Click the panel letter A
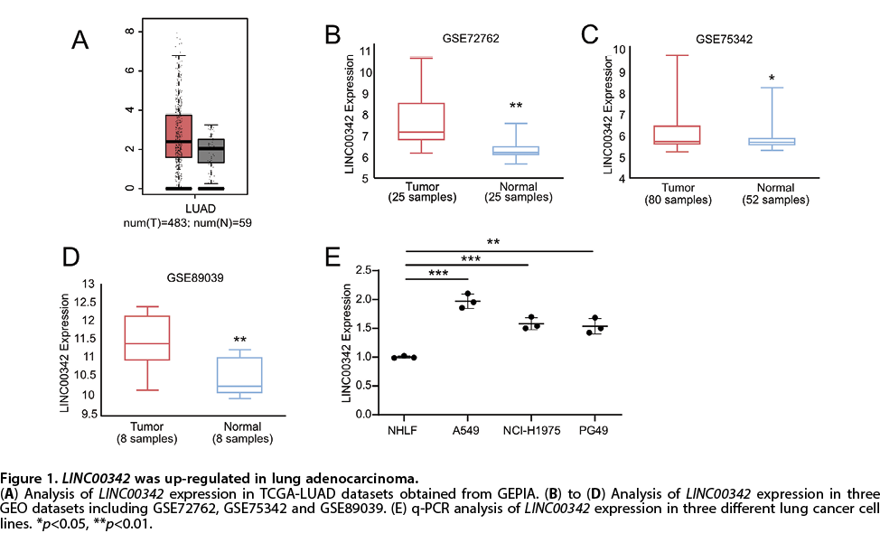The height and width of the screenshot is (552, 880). pos(80,40)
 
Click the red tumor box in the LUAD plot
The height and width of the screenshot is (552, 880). pos(178,136)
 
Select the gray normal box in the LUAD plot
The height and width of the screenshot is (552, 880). pos(211,150)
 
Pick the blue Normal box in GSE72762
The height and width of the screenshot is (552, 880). pos(516,151)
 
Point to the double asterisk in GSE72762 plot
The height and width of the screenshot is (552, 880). pos(516,107)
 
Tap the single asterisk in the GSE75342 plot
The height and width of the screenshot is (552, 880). pos(772,80)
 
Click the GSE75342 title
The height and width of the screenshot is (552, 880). pos(725,39)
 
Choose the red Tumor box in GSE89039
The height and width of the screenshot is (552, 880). pos(146,338)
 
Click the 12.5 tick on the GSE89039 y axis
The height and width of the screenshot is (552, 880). pos(88,302)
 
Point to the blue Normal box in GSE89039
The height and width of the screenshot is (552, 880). pos(239,375)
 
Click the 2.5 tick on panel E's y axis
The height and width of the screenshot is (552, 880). pos(365,270)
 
